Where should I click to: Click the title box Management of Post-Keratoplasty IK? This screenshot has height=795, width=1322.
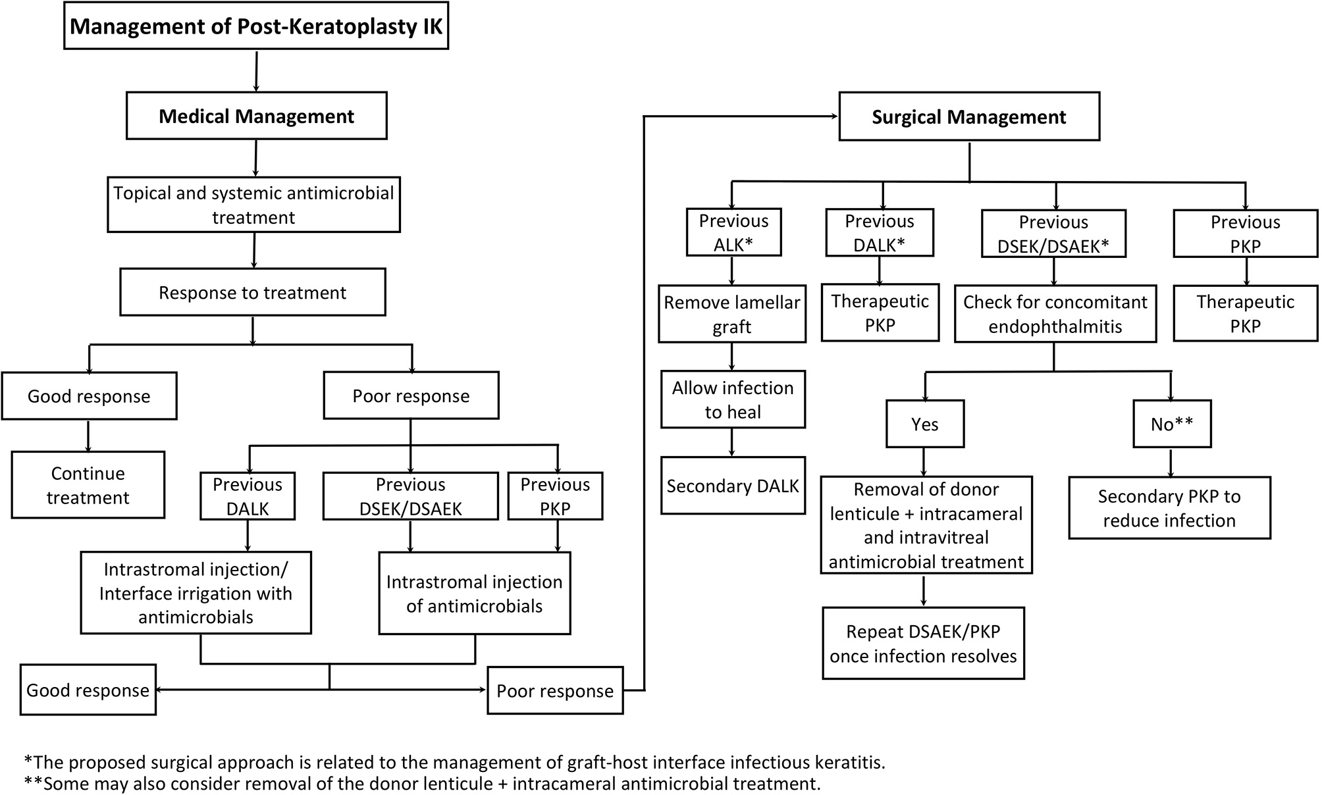click(x=256, y=26)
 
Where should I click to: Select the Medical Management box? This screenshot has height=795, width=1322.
click(x=256, y=116)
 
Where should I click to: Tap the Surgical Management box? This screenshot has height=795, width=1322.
click(x=968, y=116)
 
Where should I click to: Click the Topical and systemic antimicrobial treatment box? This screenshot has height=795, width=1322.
click(x=253, y=205)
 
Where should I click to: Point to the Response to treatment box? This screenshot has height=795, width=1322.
click(x=252, y=292)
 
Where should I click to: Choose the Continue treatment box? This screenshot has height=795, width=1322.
click(x=88, y=485)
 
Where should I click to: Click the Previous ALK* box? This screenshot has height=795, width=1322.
click(x=733, y=232)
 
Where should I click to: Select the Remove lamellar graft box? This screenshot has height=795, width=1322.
click(x=732, y=314)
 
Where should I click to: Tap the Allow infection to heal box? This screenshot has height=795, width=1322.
click(x=733, y=399)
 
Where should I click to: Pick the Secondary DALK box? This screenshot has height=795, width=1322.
click(x=733, y=486)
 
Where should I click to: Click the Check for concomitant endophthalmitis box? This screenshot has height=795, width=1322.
click(x=1055, y=314)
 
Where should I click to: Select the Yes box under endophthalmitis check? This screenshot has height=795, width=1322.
click(x=924, y=424)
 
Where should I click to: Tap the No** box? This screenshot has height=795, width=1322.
click(x=1171, y=424)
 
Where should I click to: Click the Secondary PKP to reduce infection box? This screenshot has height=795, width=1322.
click(x=1169, y=508)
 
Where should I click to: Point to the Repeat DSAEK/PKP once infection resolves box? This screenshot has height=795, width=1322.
click(x=923, y=643)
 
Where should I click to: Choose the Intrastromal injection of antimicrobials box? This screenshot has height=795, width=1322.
click(x=474, y=593)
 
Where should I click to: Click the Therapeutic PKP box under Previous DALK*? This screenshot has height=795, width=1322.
click(x=880, y=313)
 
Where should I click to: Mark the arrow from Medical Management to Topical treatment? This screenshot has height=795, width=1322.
click(x=255, y=158)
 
